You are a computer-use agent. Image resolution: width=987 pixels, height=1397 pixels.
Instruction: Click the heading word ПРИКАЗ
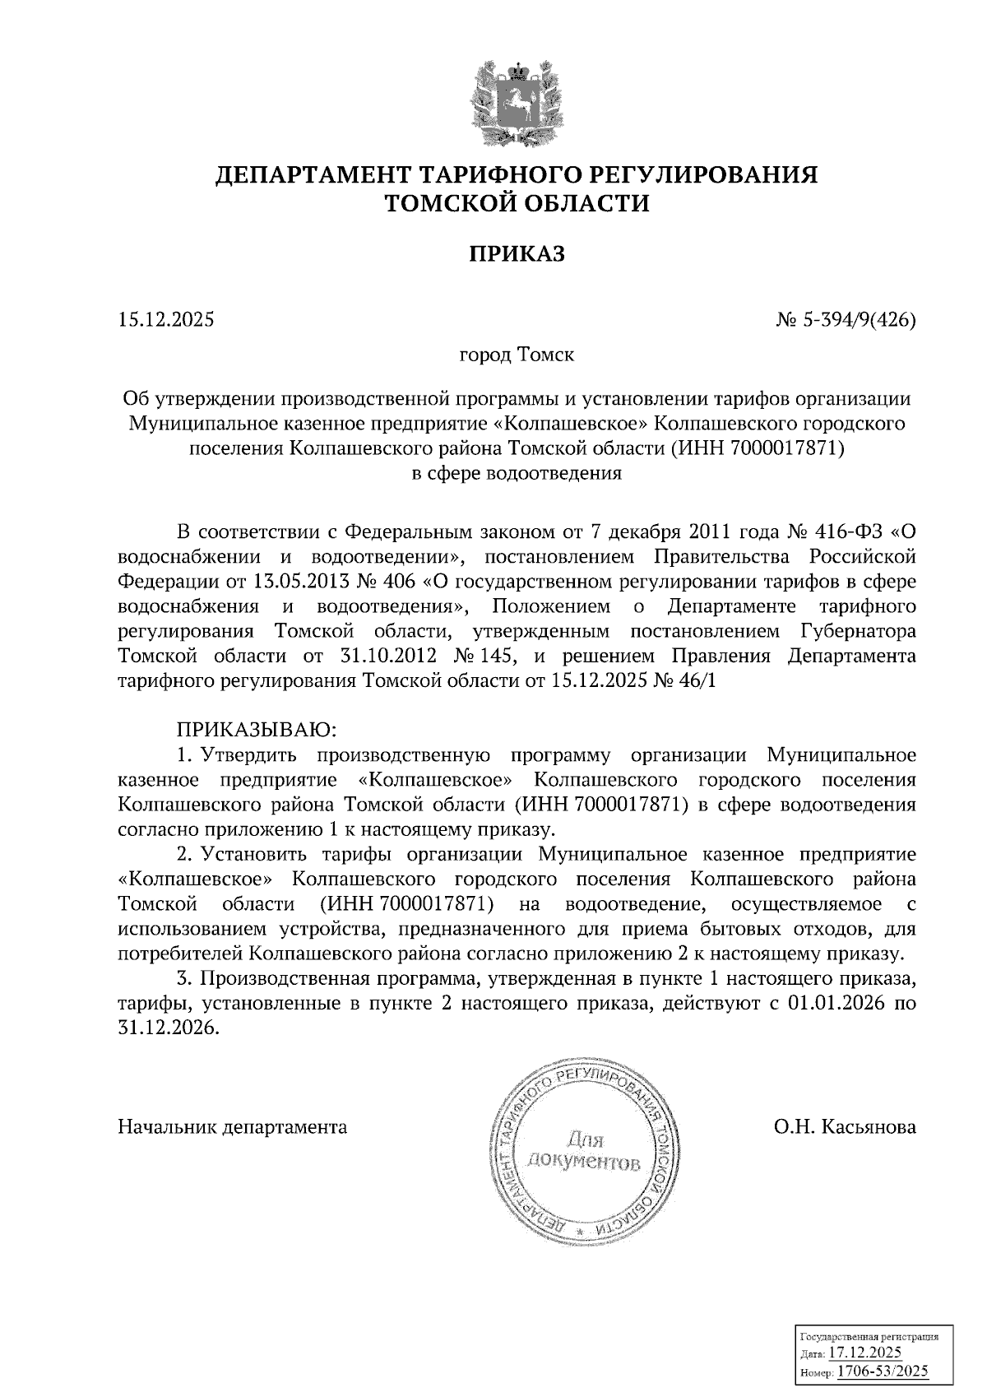(x=517, y=254)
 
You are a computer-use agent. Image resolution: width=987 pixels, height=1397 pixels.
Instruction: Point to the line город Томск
(x=517, y=356)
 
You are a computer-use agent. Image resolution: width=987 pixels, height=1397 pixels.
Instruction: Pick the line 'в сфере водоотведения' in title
(x=517, y=474)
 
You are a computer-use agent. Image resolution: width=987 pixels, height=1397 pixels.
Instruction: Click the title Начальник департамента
(x=233, y=1126)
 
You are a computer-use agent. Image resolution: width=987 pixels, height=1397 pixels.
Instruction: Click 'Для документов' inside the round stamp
(x=585, y=1153)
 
